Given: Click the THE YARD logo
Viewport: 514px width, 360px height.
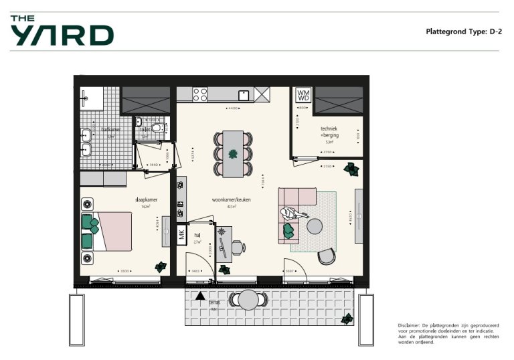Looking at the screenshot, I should (x=62, y=31).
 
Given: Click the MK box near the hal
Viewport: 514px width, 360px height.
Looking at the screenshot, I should (x=181, y=234).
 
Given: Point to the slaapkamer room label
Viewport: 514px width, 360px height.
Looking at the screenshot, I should (x=145, y=199).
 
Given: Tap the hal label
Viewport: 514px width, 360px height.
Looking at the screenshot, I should (x=197, y=236).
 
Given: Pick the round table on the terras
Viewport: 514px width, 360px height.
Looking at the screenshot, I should (x=248, y=299).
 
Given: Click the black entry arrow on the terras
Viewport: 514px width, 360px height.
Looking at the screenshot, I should (x=200, y=295).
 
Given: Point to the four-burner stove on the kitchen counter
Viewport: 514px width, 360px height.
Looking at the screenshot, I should (x=200, y=94).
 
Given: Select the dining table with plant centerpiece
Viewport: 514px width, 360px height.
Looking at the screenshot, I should (x=234, y=153).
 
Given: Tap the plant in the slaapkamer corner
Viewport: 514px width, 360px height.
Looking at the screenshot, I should (x=160, y=266).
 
